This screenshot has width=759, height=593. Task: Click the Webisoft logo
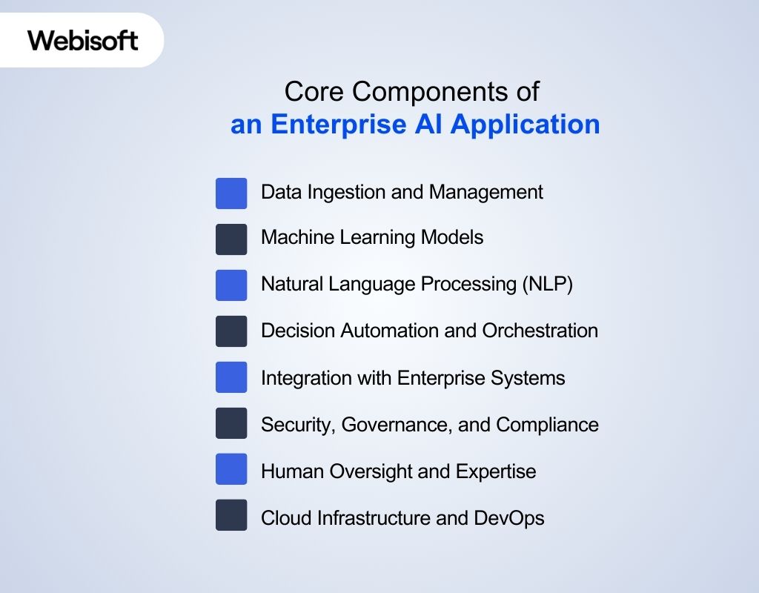tap(83, 40)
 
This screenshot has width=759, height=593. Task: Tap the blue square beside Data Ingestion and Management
tap(231, 193)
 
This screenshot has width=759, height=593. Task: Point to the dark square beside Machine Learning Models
tap(231, 239)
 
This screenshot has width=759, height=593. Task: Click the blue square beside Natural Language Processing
tap(231, 285)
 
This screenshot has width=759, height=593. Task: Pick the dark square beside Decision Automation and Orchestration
tap(231, 331)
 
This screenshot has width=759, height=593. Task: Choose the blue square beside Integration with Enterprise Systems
tap(231, 378)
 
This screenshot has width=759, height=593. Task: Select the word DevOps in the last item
tap(509, 517)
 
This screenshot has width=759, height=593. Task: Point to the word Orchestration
tap(540, 331)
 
